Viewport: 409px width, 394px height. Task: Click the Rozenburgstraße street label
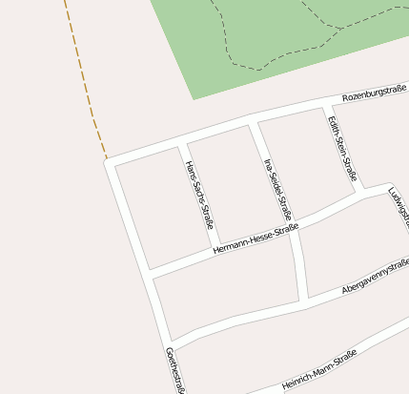(374, 93)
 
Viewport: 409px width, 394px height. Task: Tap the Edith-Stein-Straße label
(341, 149)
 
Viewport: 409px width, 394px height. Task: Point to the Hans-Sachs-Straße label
(198, 195)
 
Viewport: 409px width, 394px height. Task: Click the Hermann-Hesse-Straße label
(256, 238)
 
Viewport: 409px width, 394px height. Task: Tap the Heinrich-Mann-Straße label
(318, 370)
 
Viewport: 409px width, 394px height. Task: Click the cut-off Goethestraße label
(174, 370)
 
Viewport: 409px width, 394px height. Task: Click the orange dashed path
(83, 76)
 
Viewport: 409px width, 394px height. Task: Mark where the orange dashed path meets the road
(108, 159)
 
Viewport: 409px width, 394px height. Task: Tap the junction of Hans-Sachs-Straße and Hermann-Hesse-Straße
(216, 250)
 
